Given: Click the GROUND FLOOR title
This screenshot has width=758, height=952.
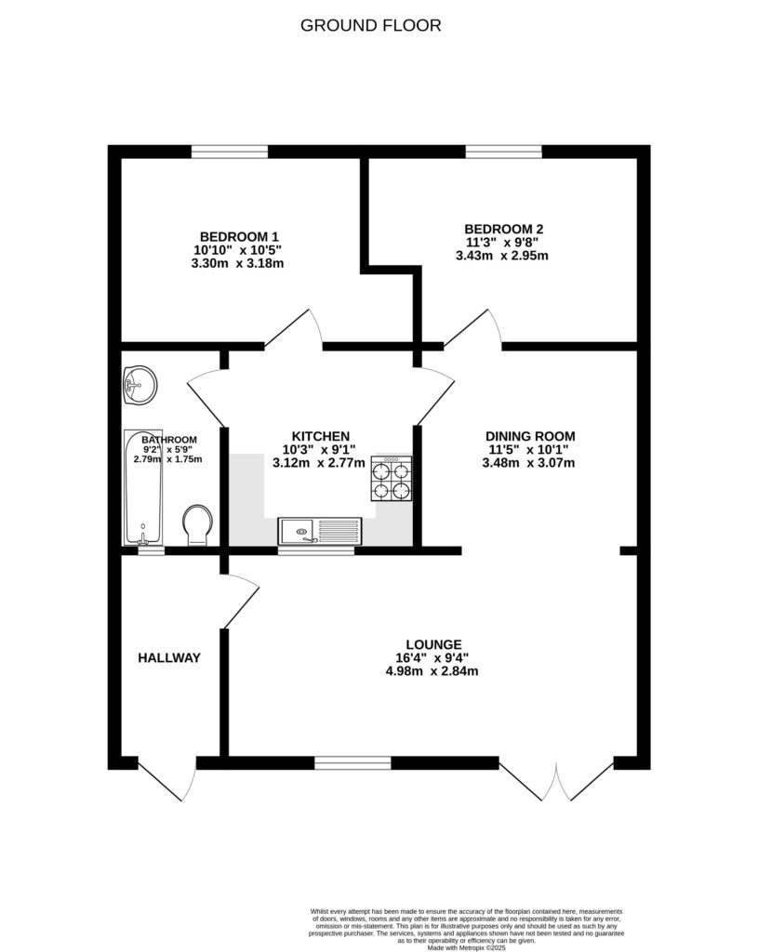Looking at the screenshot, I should coord(370,25).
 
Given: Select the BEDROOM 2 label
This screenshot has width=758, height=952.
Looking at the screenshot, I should coord(503,229).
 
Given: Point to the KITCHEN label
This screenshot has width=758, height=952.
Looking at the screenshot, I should coord(320,436).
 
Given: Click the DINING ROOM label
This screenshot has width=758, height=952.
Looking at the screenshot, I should coord(529,435).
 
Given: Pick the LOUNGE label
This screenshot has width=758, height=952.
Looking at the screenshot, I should coord(433,644).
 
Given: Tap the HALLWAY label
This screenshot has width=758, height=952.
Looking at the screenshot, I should coord(169,658).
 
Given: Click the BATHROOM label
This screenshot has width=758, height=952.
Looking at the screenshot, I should coord(168,440).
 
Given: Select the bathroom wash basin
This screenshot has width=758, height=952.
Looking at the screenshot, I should coord(140,383).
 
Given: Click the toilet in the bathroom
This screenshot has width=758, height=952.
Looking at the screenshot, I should coord(197,525).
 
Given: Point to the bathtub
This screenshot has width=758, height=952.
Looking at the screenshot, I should coord(144,488).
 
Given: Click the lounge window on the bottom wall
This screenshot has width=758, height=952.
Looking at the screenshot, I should coord(352,763).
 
